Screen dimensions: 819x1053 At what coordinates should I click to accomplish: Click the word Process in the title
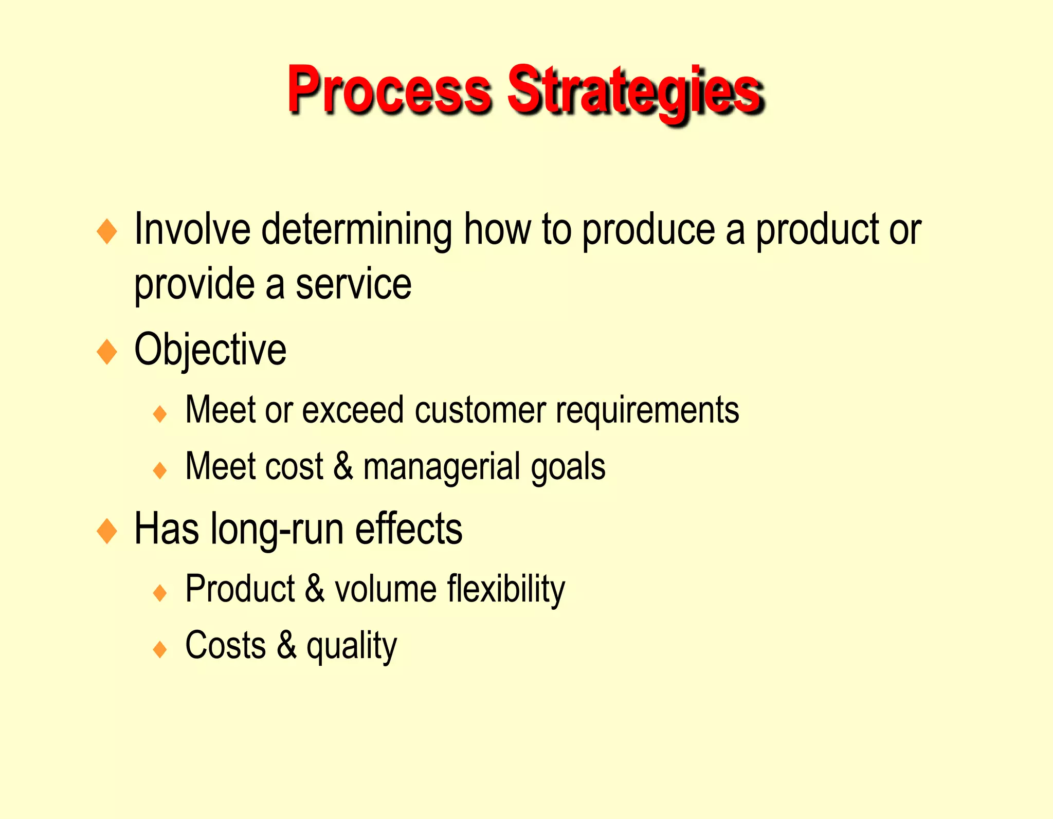click(x=389, y=90)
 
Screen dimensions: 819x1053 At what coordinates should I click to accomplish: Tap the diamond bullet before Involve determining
click(x=107, y=231)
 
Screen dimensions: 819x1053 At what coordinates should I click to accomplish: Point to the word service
click(x=353, y=284)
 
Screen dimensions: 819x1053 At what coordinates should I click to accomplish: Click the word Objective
click(x=210, y=350)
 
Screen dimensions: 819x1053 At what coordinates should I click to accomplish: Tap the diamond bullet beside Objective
click(x=107, y=352)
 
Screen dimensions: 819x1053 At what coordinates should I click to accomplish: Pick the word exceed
click(x=353, y=410)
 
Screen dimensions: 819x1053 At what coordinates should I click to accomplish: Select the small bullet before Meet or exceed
click(x=160, y=414)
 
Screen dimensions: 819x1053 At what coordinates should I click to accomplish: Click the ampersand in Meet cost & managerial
click(x=343, y=466)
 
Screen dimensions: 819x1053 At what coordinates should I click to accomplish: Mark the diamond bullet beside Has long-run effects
click(x=107, y=531)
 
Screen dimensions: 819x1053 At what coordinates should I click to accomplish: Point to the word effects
click(x=408, y=530)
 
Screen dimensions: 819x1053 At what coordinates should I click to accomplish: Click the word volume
click(x=386, y=589)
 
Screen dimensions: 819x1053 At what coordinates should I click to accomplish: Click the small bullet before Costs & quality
click(x=160, y=649)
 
